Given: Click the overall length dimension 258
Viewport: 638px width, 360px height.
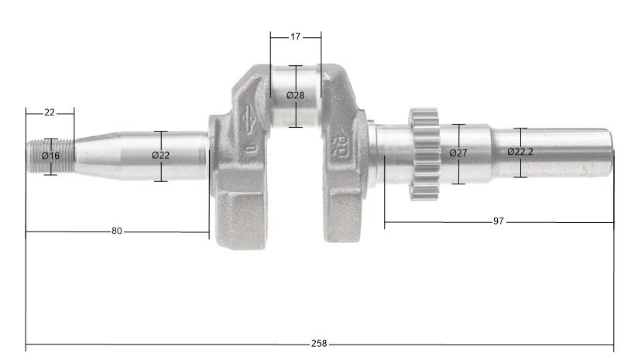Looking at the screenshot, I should tap(318, 344).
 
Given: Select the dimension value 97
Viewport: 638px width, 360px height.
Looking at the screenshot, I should tap(498, 221).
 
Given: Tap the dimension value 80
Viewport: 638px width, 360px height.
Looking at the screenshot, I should tap(117, 231).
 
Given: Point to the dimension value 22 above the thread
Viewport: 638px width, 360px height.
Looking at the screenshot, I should tap(50, 112).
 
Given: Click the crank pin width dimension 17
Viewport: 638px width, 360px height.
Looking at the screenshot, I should tap(296, 36).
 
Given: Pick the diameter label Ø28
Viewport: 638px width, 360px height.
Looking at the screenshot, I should tap(295, 95).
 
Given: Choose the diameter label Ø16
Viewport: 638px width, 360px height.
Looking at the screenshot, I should tap(50, 156).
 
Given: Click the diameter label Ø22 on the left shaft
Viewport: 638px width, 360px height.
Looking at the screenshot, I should tap(160, 156).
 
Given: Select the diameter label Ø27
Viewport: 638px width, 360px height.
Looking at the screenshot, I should tap(458, 153).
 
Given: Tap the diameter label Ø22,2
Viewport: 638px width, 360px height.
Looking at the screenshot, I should tap(520, 152).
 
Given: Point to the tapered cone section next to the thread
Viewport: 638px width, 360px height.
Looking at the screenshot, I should tap(93, 155).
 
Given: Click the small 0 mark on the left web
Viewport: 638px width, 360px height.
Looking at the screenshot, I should tap(249, 147).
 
